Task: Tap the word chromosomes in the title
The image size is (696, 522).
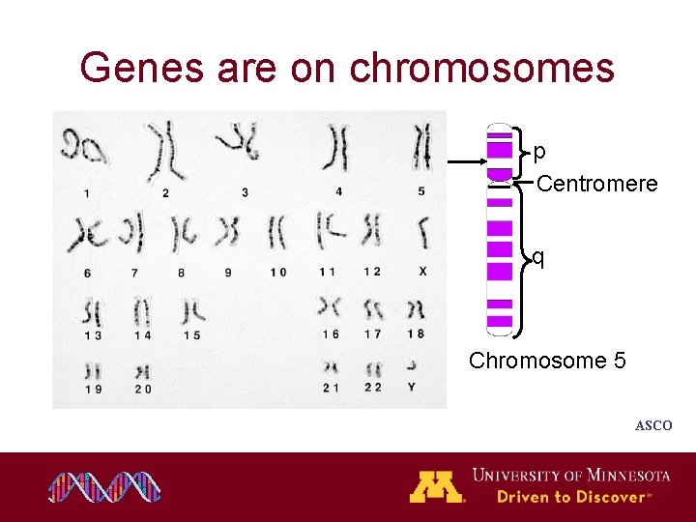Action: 481,68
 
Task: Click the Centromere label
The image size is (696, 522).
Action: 596,184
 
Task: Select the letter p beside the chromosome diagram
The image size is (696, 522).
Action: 539,152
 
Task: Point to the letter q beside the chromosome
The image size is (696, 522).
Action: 538,257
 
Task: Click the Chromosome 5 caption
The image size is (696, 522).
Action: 547,361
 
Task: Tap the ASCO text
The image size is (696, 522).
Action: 652,425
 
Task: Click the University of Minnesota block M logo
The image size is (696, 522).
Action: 437,486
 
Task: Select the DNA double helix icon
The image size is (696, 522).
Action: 104,487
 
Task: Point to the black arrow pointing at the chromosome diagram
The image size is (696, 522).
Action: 466,163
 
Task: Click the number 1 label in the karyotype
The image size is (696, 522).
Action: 87,193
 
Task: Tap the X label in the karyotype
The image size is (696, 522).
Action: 422,273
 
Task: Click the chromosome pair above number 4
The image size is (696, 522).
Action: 338,151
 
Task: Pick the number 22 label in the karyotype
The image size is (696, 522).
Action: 372,388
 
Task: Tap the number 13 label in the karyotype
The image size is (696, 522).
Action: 93,334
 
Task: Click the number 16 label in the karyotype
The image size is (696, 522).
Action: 331,334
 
